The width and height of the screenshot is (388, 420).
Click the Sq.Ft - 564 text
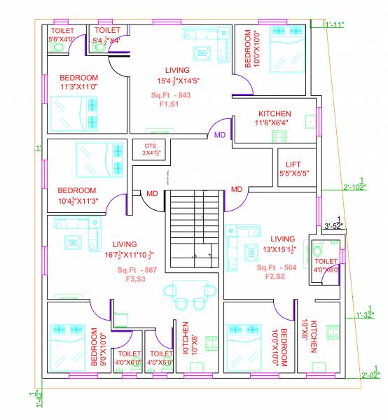(x=277, y=267)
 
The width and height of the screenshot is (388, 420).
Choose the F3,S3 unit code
(x=135, y=279)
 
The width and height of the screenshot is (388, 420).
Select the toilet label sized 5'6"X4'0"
(x=62, y=36)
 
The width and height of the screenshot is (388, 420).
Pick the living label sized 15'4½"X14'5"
(x=176, y=76)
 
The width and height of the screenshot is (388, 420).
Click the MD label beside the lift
(x=236, y=189)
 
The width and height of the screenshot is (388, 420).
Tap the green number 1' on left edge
(x=40, y=148)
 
